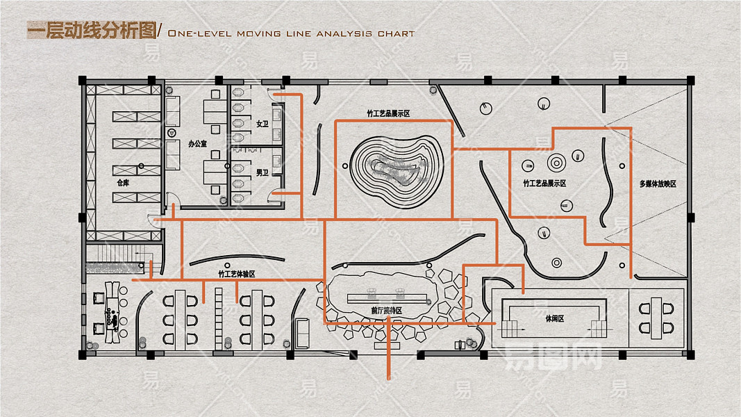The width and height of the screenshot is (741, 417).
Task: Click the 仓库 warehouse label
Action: click(x=123, y=183)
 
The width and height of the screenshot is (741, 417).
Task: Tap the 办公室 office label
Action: click(x=198, y=144)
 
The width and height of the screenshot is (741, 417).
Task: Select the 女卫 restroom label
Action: click(x=262, y=124)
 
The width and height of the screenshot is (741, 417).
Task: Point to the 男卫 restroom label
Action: click(x=262, y=172)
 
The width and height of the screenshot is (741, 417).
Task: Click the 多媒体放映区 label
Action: click(x=658, y=184)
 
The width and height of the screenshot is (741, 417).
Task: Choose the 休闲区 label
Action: click(x=554, y=318)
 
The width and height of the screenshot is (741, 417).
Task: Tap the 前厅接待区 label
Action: click(x=387, y=311)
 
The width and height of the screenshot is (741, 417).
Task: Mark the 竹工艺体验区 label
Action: click(x=237, y=275)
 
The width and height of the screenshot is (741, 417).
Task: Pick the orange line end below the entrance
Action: click(x=388, y=379)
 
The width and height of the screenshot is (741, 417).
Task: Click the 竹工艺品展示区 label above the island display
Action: click(x=389, y=113)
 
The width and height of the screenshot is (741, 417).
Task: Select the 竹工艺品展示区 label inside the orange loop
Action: click(x=544, y=183)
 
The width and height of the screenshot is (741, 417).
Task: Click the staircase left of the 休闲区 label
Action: click(x=510, y=327)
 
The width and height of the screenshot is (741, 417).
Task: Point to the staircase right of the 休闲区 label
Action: click(x=599, y=327)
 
